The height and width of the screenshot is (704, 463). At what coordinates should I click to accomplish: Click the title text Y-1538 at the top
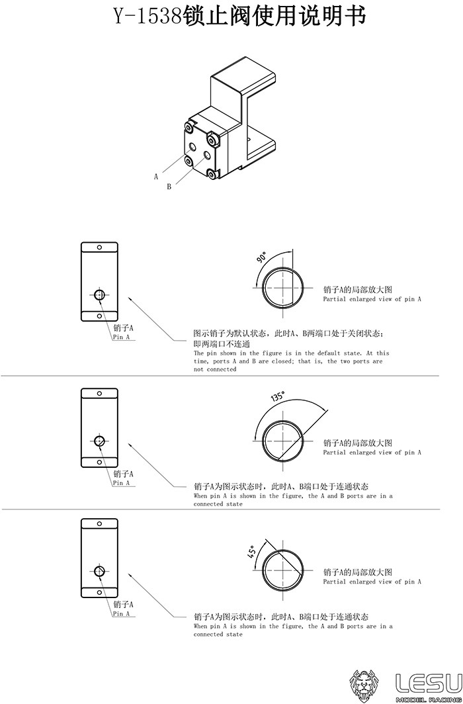pos(147,17)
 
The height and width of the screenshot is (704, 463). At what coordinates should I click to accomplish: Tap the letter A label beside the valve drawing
pos(156,177)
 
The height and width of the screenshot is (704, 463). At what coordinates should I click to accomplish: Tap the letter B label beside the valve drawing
pos(169,187)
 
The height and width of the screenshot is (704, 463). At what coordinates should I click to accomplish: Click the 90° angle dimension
pos(261,257)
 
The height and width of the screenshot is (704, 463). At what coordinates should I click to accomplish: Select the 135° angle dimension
pos(278,397)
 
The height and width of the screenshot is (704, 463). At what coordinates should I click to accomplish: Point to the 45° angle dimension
pos(252,551)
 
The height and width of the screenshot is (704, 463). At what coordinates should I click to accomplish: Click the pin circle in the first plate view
pos(99,295)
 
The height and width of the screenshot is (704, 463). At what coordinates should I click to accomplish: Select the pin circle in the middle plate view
pos(99,441)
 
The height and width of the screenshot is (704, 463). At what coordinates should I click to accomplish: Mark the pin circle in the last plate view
pos(99,571)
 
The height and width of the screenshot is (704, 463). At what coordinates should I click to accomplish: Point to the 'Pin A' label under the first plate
pos(121,337)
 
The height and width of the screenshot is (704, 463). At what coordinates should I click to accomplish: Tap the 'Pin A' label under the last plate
pos(121,614)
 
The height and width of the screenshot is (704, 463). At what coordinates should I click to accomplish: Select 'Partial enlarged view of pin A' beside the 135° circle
pos(372,453)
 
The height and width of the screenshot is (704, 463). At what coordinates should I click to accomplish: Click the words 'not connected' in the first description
pos(215,369)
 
